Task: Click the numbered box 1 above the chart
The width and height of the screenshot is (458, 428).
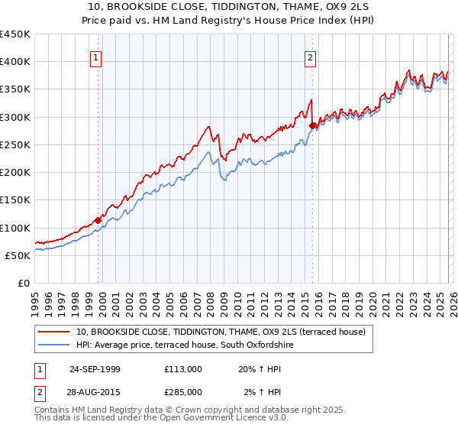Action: (97, 56)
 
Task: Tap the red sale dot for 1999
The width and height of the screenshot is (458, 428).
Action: (98, 220)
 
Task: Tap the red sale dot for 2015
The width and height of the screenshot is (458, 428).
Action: (312, 125)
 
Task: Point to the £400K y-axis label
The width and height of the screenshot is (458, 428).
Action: (15, 62)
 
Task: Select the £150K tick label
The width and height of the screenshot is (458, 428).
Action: (15, 200)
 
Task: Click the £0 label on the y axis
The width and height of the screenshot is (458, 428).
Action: (23, 284)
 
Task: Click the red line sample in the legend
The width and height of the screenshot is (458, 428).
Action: (54, 332)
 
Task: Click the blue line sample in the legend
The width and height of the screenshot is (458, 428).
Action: (54, 345)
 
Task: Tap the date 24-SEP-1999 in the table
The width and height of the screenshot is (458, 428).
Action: (95, 368)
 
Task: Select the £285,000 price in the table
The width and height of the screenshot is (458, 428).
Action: (183, 391)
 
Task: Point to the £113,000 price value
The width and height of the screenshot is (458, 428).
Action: (183, 368)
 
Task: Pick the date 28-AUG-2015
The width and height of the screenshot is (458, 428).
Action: (95, 391)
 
